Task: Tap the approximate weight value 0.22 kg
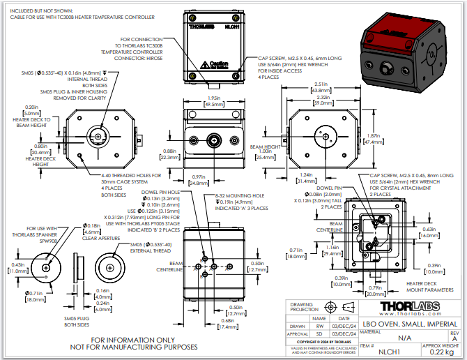tap(436, 352)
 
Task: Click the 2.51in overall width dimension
tap(321, 87)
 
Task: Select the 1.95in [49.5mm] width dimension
tap(213, 101)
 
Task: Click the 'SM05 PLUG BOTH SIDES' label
tap(79, 321)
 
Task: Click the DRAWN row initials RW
tap(320, 325)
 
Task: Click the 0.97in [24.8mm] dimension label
tap(199, 180)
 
